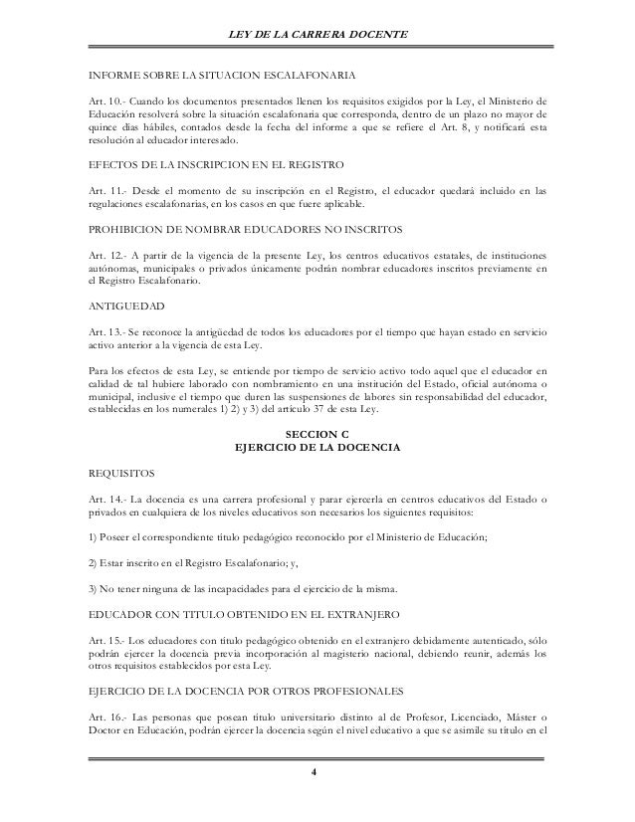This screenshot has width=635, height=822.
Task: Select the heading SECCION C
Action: [317, 436]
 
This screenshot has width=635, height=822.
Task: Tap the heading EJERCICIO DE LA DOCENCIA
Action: [317, 450]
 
